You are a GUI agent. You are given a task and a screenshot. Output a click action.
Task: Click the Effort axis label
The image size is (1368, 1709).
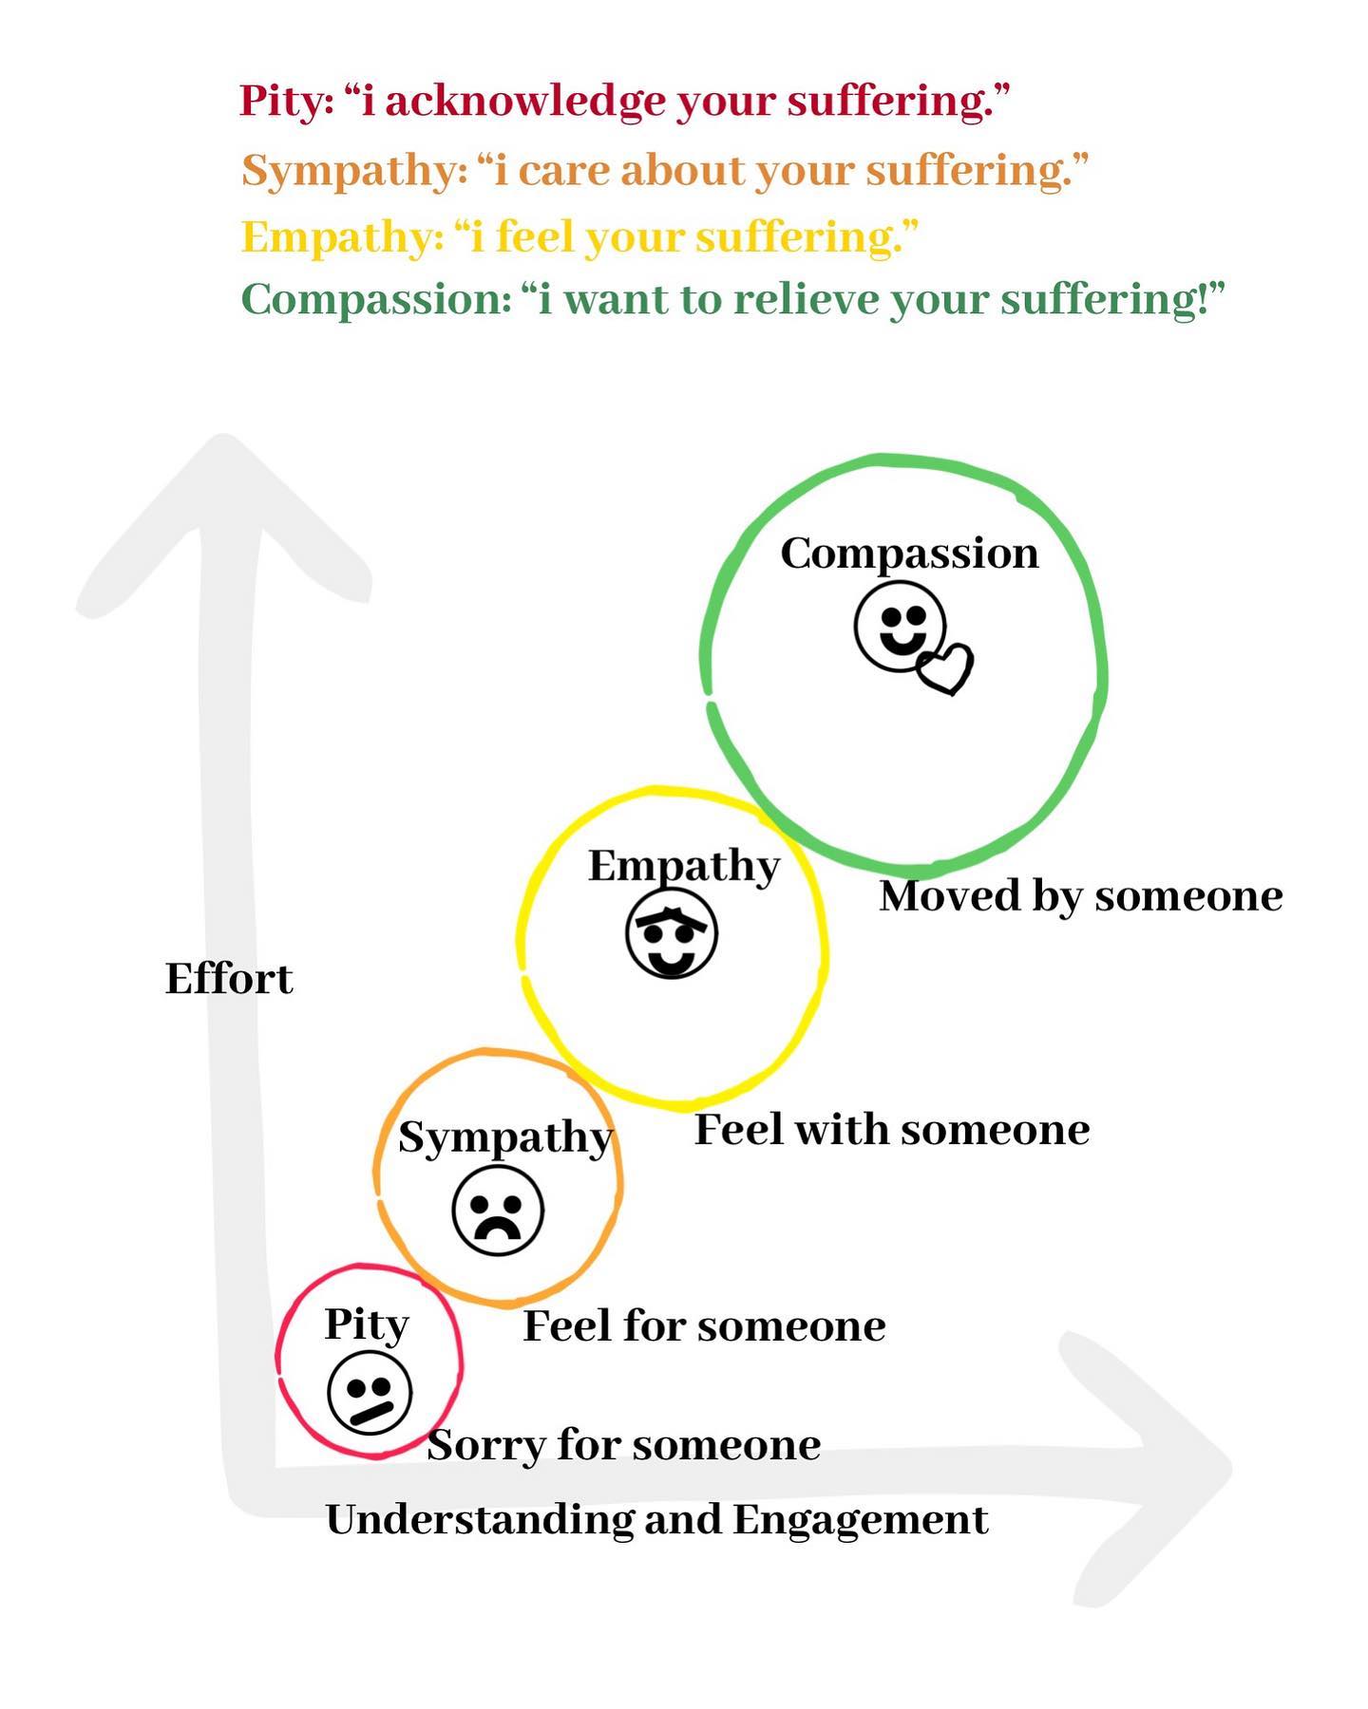click(x=229, y=979)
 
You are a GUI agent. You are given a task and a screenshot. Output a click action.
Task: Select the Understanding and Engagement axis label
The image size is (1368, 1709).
click(x=656, y=1519)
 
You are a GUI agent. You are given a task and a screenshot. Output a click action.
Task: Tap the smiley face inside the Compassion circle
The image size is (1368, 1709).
click(x=900, y=627)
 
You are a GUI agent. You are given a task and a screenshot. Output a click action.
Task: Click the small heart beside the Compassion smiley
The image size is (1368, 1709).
click(x=945, y=668)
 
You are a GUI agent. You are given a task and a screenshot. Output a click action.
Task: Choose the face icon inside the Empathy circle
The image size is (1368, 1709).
click(x=672, y=933)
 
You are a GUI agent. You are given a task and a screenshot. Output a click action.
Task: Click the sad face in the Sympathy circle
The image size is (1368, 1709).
click(x=498, y=1211)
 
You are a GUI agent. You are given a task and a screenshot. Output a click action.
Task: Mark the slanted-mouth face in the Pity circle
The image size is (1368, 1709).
click(x=370, y=1393)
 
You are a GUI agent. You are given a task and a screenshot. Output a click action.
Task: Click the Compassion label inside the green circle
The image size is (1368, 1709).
click(x=909, y=554)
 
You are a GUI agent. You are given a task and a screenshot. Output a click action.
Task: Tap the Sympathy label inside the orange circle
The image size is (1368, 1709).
click(x=505, y=1137)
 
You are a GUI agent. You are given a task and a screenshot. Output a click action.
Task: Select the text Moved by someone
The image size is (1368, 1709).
click(x=1081, y=896)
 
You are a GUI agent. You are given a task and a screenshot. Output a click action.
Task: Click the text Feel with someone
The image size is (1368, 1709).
click(x=892, y=1130)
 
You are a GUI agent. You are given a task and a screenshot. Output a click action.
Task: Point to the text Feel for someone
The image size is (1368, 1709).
click(x=704, y=1325)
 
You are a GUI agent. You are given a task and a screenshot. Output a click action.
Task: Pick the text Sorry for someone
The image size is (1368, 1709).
click(x=624, y=1445)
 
